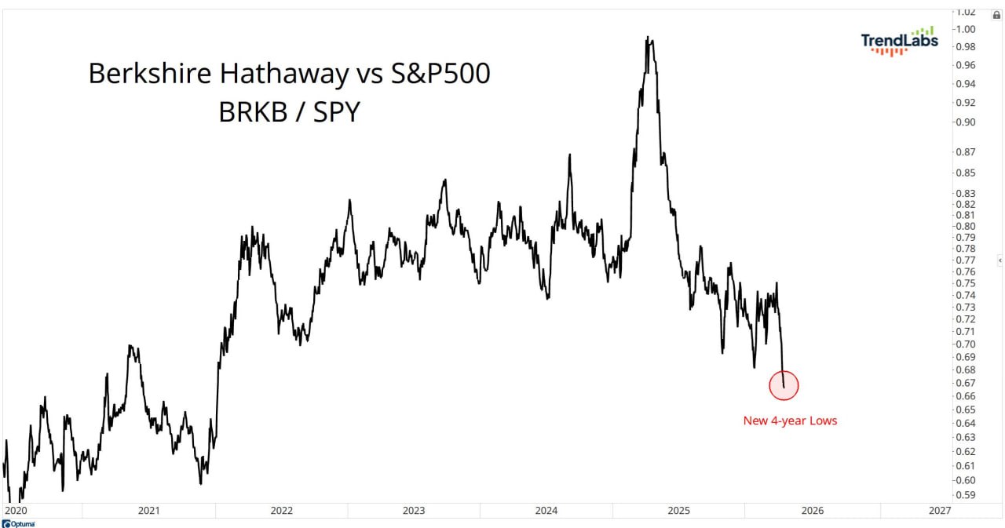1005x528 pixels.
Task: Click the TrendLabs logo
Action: coord(899,41)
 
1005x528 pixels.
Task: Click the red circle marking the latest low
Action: coord(784,385)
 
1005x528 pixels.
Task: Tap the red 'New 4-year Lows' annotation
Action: coord(790,421)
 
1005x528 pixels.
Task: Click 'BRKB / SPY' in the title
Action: coord(289,111)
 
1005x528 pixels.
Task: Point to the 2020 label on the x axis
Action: coord(16,510)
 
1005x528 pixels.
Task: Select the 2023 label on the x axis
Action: coord(414,510)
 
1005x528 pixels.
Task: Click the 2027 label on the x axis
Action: coord(939,510)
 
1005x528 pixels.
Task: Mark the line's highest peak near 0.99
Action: coord(648,37)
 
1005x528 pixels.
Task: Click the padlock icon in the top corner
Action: coord(996,14)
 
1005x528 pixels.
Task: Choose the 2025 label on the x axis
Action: coord(679,510)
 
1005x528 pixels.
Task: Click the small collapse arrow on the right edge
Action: coord(1000,260)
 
